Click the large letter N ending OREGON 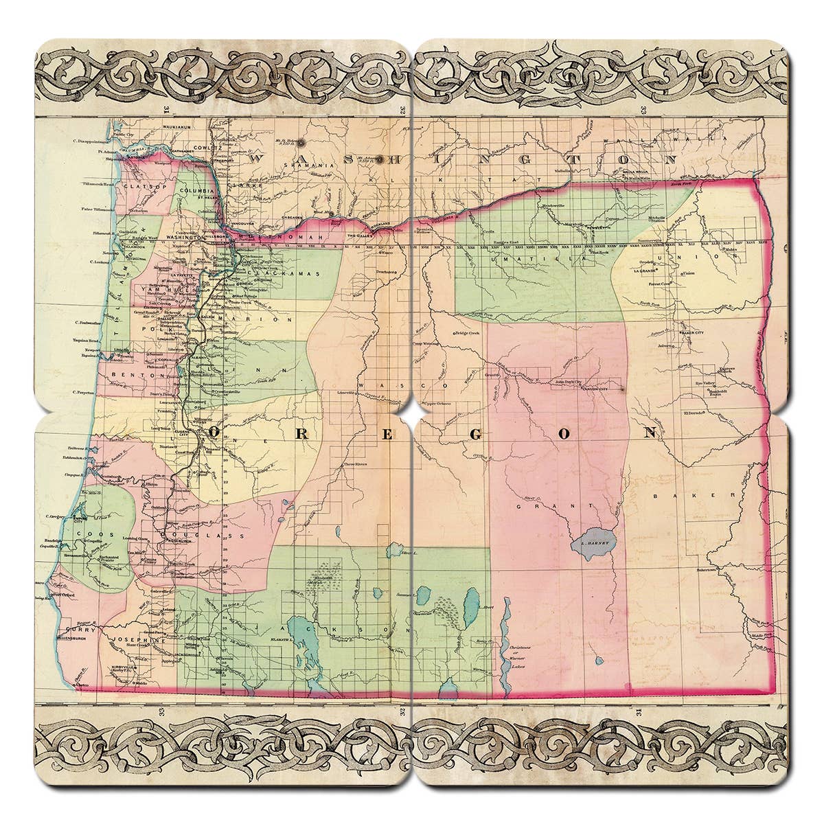point(650,433)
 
